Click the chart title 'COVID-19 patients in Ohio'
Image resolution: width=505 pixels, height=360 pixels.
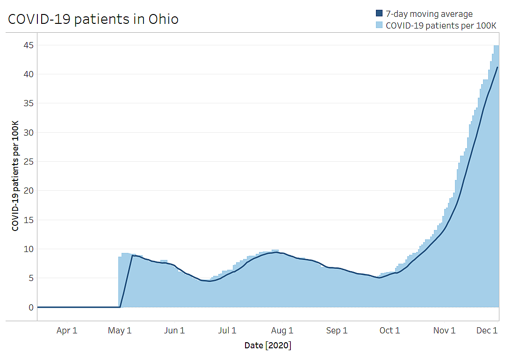[93, 19]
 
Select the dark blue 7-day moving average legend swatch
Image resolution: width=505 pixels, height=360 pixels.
[379, 13]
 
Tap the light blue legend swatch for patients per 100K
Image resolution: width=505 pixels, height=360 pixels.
[379, 25]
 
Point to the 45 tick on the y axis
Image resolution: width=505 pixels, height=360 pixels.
[29, 45]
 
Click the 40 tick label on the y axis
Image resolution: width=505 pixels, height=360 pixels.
[29, 74]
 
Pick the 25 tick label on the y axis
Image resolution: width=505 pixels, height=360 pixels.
[29, 162]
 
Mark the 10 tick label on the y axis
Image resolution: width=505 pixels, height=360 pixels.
[29, 249]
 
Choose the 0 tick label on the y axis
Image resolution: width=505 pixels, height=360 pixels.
[31, 308]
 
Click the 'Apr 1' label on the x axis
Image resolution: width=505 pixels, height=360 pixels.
[67, 331]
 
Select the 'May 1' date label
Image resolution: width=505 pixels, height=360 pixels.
[120, 331]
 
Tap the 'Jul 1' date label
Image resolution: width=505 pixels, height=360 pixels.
[227, 331]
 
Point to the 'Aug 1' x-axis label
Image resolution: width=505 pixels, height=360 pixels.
[282, 331]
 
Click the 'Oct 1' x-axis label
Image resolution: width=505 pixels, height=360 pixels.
[390, 331]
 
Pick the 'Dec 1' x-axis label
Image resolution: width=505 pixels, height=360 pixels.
[487, 331]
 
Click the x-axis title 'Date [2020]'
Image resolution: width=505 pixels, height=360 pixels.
[268, 346]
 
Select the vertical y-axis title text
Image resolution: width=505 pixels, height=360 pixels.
[15, 176]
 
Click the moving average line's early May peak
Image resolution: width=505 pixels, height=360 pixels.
[132, 255]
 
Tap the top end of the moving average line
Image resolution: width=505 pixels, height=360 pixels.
[497, 67]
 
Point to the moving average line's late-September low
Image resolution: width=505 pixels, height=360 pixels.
[380, 278]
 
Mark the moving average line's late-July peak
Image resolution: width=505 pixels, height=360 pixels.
[276, 252]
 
